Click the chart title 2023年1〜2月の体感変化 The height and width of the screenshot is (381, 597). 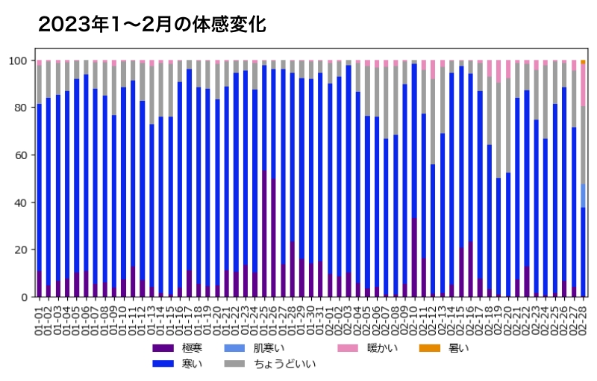click(151, 25)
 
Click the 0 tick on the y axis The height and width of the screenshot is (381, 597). click(25, 297)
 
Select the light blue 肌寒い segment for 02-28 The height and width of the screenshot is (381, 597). click(583, 196)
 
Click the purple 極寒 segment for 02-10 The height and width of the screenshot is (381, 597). click(414, 258)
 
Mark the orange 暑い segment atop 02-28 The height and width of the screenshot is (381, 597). click(583, 62)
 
